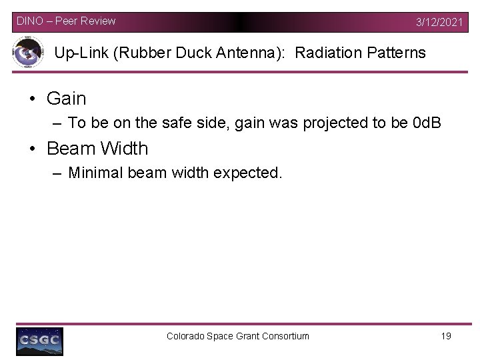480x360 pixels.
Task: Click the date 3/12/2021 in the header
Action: point(439,22)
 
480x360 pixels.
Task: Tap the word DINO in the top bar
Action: point(30,21)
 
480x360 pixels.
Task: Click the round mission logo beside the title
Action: point(28,53)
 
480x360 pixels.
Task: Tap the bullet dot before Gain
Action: point(32,99)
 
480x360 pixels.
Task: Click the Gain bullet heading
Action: point(67,99)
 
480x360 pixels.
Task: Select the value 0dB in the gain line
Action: point(427,123)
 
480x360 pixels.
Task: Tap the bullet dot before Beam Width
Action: point(32,149)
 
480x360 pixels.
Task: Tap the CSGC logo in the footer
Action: point(40,341)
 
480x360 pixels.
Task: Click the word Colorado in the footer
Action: point(186,336)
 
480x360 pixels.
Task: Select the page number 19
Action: point(446,336)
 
